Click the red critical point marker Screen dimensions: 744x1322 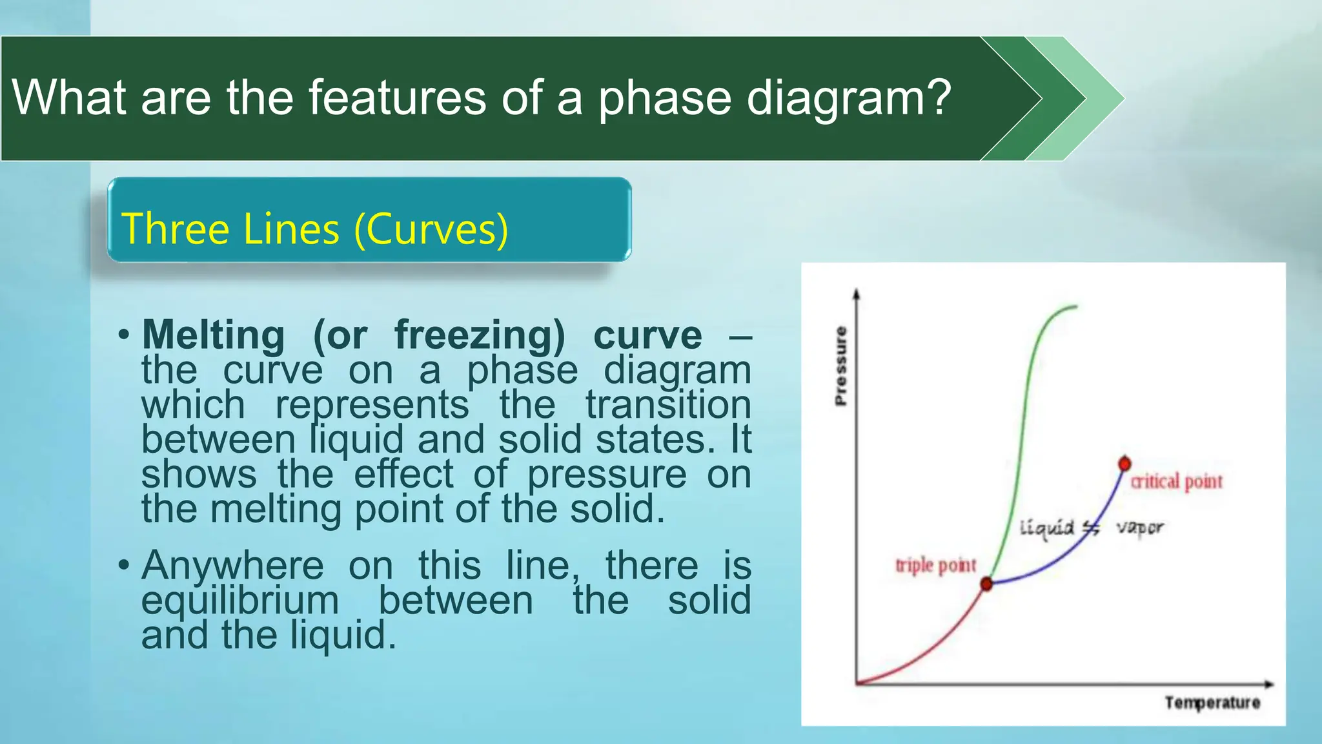tap(1124, 464)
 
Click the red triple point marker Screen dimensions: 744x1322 tap(986, 584)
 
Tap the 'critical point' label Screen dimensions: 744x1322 tap(1176, 482)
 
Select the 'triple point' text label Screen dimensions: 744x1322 tap(935, 566)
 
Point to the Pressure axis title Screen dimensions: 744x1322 tap(840, 366)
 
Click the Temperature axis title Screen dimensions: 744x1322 tap(1212, 703)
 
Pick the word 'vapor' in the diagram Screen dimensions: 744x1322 tap(1140, 528)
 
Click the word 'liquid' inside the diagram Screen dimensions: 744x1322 tap(1046, 528)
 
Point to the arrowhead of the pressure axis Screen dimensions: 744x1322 tap(857, 294)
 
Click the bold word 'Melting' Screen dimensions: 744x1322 tap(213, 336)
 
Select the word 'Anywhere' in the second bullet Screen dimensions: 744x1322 tap(232, 566)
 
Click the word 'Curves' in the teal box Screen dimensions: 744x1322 tap(431, 229)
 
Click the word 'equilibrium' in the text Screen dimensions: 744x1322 tap(239, 601)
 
